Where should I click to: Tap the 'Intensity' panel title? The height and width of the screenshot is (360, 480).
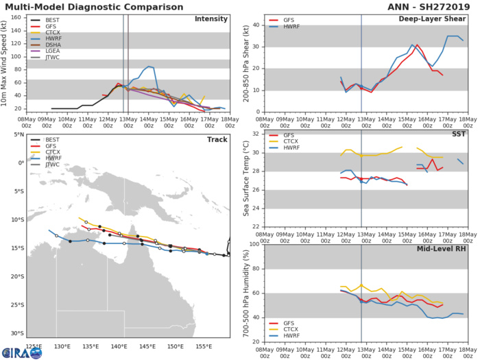pos(211,19)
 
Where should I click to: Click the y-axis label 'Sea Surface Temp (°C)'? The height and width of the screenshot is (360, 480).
pos(246,180)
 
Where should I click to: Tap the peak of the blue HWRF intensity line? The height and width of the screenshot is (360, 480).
pos(149,67)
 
